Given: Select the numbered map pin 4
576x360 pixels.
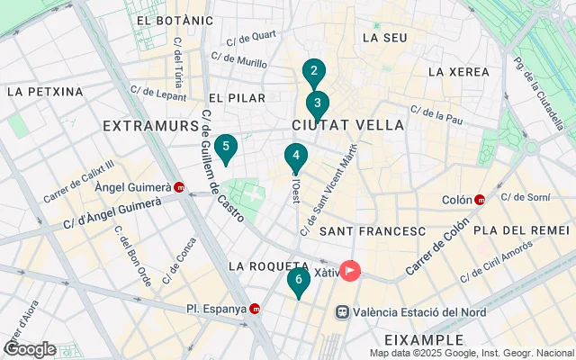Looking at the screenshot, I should pyautogui.click(x=295, y=156).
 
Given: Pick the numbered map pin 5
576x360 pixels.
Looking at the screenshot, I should pyautogui.click(x=226, y=146).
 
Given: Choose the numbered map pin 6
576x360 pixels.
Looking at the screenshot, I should pyautogui.click(x=299, y=280).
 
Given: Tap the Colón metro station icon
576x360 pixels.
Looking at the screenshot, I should pyautogui.click(x=480, y=200).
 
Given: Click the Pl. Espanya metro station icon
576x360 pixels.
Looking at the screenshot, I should pyautogui.click(x=256, y=309).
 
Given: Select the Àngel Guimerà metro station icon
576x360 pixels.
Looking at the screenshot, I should pyautogui.click(x=180, y=188).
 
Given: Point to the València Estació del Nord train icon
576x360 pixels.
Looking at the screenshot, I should pyautogui.click(x=343, y=312).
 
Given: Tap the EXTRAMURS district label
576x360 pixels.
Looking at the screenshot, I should pyautogui.click(x=150, y=125).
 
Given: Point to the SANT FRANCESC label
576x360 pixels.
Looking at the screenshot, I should pyautogui.click(x=372, y=231).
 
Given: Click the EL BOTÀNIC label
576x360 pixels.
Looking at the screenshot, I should pyautogui.click(x=175, y=20).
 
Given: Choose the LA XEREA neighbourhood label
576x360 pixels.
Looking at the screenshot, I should pyautogui.click(x=458, y=72).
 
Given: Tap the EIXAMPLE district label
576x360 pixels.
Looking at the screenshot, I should pyautogui.click(x=423, y=339).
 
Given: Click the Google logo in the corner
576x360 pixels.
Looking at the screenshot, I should pyautogui.click(x=30, y=348).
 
